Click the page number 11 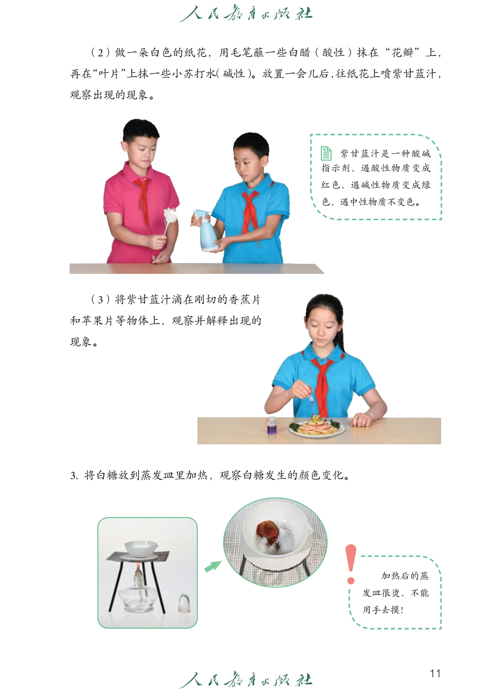click(x=435, y=673)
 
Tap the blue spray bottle click(x=205, y=230)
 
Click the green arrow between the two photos click(x=213, y=566)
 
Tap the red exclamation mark click(x=350, y=564)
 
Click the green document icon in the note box click(x=326, y=153)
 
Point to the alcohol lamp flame click(x=138, y=566)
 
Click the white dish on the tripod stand click(x=139, y=548)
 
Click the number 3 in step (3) click(x=100, y=300)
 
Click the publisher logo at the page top click(x=246, y=14)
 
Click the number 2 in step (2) click(x=100, y=53)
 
